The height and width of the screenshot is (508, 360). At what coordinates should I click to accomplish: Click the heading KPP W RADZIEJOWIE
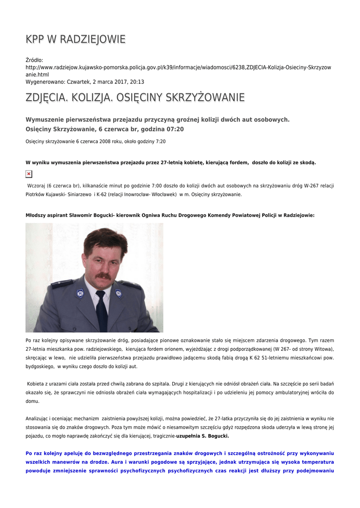[75, 39]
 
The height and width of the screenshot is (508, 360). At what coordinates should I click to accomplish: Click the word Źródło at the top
[34, 60]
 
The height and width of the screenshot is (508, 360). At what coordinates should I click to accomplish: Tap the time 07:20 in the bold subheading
[175, 129]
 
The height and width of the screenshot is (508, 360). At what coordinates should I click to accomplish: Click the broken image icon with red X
[29, 174]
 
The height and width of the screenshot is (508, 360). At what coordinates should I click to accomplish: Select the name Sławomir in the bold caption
[85, 215]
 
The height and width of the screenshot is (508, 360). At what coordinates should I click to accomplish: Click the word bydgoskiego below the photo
[40, 366]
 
